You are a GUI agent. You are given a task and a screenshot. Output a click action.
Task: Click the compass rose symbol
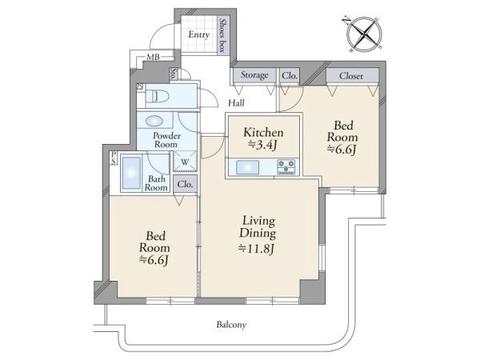click(364, 34)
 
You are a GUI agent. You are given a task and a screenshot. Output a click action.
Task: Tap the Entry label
click(199, 34)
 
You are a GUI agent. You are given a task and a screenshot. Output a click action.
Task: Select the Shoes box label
click(223, 35)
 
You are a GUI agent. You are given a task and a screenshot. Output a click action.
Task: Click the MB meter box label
click(153, 57)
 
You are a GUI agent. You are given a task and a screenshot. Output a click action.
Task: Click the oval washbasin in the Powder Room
click(154, 121)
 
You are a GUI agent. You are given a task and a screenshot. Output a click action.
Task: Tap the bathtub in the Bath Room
click(132, 173)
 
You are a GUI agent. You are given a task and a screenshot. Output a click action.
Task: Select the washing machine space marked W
click(185, 161)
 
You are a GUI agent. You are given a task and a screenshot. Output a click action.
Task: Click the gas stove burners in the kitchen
click(286, 167)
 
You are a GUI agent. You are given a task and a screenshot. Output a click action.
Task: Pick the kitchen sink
click(248, 167)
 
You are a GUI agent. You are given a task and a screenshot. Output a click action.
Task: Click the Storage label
click(254, 75)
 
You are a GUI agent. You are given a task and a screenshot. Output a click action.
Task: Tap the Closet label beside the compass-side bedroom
click(351, 76)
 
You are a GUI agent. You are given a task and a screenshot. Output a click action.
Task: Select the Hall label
click(236, 103)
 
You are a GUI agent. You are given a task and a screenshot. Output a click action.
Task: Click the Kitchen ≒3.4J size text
click(263, 138)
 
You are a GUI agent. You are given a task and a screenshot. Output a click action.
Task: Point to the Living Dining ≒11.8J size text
click(258, 235)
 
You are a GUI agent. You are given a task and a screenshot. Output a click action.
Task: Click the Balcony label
click(231, 325)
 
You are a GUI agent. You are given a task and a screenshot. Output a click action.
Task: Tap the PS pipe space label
click(114, 158)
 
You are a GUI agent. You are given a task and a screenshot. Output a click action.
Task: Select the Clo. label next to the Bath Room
click(185, 184)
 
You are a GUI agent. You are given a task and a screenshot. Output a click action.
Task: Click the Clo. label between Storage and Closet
click(290, 75)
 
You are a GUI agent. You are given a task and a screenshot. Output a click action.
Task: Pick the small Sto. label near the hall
click(174, 74)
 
